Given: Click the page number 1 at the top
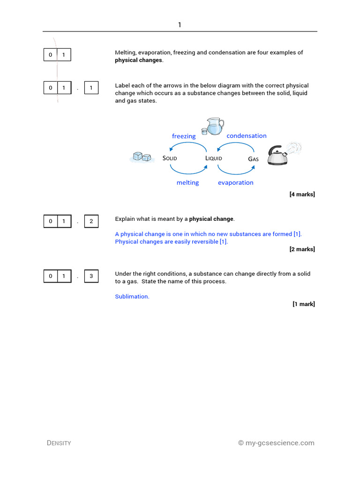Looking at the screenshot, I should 180,25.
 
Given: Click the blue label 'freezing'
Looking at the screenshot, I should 184,136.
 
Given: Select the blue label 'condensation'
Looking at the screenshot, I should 247,136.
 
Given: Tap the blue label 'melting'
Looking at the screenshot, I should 187,183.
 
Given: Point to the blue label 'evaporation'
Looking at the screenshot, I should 235,183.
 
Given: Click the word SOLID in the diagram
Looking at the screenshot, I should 170,158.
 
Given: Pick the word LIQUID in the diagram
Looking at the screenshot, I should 214,158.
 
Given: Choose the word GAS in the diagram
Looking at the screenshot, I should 253,159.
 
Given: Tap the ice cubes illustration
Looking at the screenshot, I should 142,157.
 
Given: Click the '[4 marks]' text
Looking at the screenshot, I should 302,195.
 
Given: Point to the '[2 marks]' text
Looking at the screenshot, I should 302,249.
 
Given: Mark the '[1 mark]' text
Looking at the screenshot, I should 304,304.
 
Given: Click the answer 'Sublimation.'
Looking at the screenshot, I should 132,297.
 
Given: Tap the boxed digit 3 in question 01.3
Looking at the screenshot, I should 91,276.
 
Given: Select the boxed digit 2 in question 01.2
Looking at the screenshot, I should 91,221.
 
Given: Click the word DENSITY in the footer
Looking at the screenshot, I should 59,443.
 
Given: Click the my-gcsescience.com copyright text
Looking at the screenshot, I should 276,443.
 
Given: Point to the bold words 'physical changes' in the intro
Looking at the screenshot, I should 139,60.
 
